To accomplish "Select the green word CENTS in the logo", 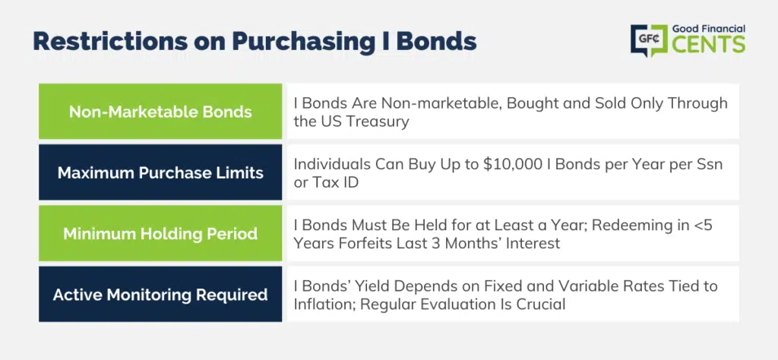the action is click(x=709, y=44).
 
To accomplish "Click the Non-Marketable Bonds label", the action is click(x=160, y=112).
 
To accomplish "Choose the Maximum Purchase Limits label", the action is click(x=160, y=172).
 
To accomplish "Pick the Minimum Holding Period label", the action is click(x=160, y=234).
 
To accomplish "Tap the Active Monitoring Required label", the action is click(x=160, y=295).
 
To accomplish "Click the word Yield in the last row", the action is click(x=372, y=286).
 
